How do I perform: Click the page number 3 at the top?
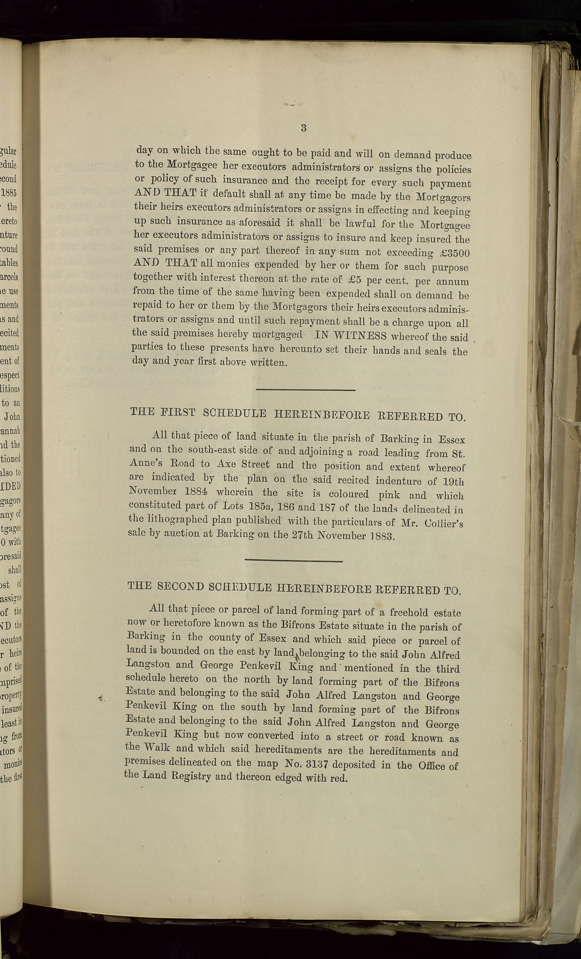[x=303, y=128]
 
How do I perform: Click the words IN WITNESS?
[x=350, y=335]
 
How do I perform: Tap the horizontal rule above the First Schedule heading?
[x=305, y=390]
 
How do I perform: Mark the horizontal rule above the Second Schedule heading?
[x=293, y=561]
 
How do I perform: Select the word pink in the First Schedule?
[x=389, y=494]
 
